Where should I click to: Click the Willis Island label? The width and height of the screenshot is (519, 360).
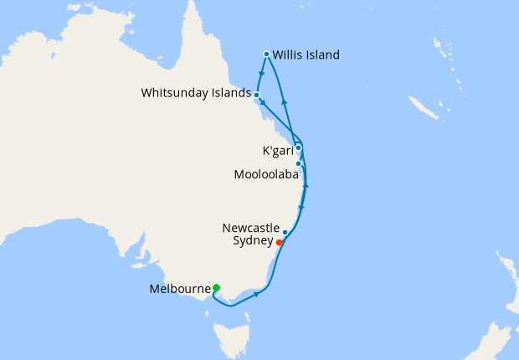306,56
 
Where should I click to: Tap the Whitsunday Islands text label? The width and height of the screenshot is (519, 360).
197,94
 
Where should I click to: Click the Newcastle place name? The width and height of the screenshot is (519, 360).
250,227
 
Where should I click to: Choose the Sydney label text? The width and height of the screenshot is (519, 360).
252,240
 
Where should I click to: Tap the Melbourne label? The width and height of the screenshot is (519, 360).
178,289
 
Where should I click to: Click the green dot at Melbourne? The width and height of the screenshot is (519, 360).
216,288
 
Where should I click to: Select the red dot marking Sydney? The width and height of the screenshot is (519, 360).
279,243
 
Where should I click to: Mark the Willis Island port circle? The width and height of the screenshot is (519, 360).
266,54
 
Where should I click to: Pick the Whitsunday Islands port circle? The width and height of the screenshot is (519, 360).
256,95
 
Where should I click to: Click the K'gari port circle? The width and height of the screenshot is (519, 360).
298,147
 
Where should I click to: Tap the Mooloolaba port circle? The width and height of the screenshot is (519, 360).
298,163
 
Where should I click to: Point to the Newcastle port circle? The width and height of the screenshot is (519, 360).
285,232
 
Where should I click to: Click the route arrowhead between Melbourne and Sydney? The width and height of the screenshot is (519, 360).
255,294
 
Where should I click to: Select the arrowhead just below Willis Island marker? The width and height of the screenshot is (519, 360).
263,72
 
